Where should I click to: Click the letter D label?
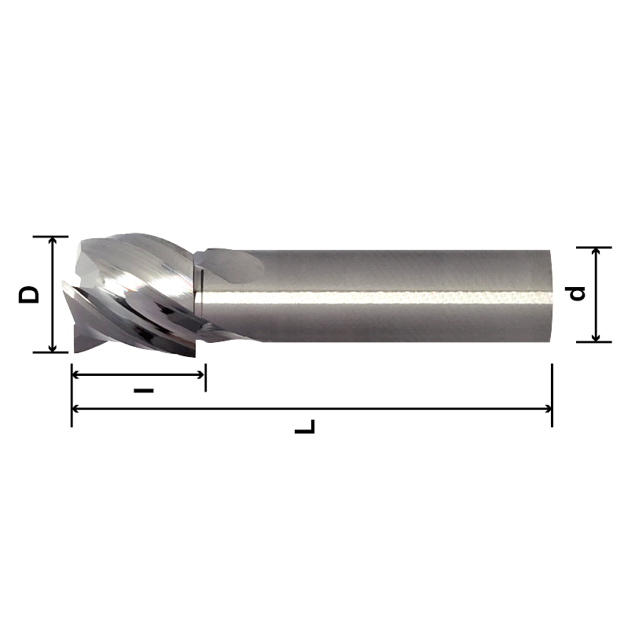(29, 295)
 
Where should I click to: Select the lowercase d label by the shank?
(578, 293)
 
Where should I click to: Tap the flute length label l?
(143, 389)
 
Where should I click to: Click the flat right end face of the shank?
(553, 295)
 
